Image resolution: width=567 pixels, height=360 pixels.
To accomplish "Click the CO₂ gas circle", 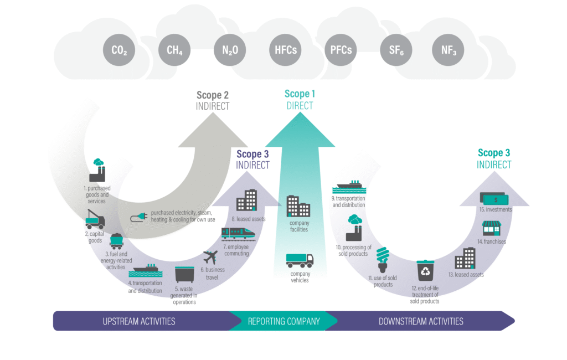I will [x=120, y=50].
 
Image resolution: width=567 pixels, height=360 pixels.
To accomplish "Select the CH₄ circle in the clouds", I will [x=174, y=50].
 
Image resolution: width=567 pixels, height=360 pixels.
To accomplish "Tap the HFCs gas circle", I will [x=284, y=50].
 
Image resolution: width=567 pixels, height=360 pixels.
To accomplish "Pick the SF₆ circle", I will [x=395, y=50].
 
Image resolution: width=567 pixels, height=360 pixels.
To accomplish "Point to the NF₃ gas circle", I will [x=448, y=50].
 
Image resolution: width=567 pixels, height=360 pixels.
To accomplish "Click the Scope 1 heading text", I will [x=299, y=94].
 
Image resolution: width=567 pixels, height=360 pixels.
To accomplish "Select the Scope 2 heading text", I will [x=213, y=95].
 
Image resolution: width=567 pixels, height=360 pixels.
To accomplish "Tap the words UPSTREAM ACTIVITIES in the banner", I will [x=139, y=321].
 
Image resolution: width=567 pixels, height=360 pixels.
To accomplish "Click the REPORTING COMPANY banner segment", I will [x=283, y=321].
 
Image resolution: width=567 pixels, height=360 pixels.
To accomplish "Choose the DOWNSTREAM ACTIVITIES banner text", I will [x=421, y=321].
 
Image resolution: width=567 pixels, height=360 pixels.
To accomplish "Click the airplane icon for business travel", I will [x=211, y=258].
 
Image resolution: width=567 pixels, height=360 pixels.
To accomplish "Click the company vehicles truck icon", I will [x=300, y=260].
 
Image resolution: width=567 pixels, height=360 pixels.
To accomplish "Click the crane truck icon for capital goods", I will [x=95, y=220].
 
